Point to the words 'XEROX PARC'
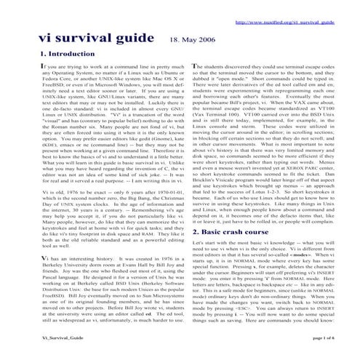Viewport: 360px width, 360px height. coord(285,132)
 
